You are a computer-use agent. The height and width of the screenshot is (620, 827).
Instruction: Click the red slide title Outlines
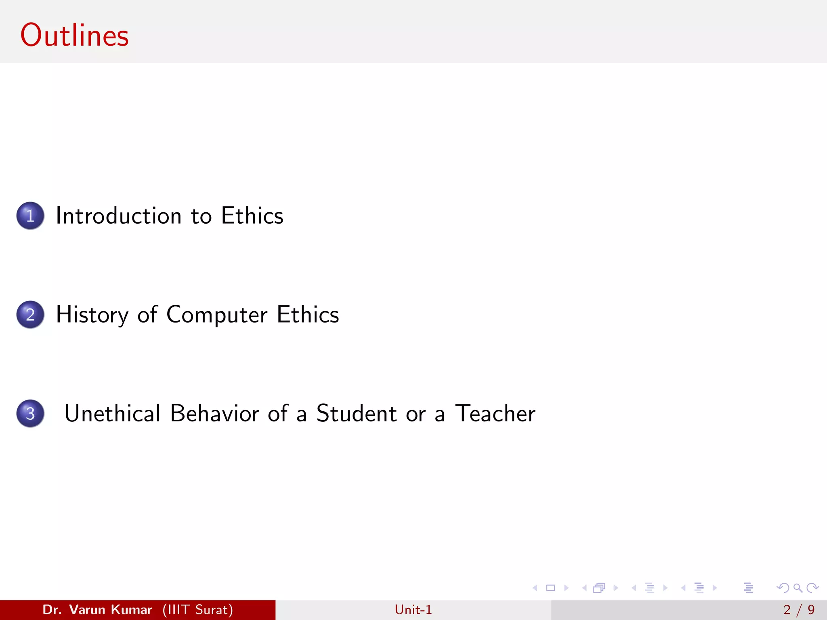click(74, 36)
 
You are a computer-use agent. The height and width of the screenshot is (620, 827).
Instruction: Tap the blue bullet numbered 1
click(30, 216)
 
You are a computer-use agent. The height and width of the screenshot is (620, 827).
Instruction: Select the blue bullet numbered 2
click(30, 314)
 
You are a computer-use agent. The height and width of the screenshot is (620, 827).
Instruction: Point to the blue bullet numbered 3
click(30, 413)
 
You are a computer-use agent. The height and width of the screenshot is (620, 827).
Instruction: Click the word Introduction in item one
click(118, 216)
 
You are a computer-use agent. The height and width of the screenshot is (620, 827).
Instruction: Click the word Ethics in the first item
click(252, 216)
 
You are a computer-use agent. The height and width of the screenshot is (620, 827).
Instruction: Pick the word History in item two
click(92, 315)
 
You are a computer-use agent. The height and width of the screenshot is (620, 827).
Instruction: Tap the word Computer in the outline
click(217, 315)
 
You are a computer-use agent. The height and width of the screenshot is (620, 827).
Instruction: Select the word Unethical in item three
click(112, 413)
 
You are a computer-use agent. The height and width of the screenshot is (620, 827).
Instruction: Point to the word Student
click(356, 413)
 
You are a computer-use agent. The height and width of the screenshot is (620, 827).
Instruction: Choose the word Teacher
click(495, 413)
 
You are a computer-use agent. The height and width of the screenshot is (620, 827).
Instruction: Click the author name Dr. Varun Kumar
click(97, 610)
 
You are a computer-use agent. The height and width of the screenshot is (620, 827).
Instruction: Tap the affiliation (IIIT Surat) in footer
click(197, 610)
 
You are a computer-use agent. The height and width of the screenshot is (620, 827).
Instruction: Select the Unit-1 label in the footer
click(413, 610)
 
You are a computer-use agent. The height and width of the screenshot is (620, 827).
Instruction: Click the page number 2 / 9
click(799, 610)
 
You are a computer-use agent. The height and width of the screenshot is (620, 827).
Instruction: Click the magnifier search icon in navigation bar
click(798, 588)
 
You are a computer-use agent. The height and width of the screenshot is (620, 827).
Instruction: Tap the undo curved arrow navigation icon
click(783, 588)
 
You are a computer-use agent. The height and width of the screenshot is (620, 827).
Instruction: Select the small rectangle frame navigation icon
click(550, 588)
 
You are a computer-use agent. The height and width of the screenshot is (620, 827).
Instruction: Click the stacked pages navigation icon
click(599, 588)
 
